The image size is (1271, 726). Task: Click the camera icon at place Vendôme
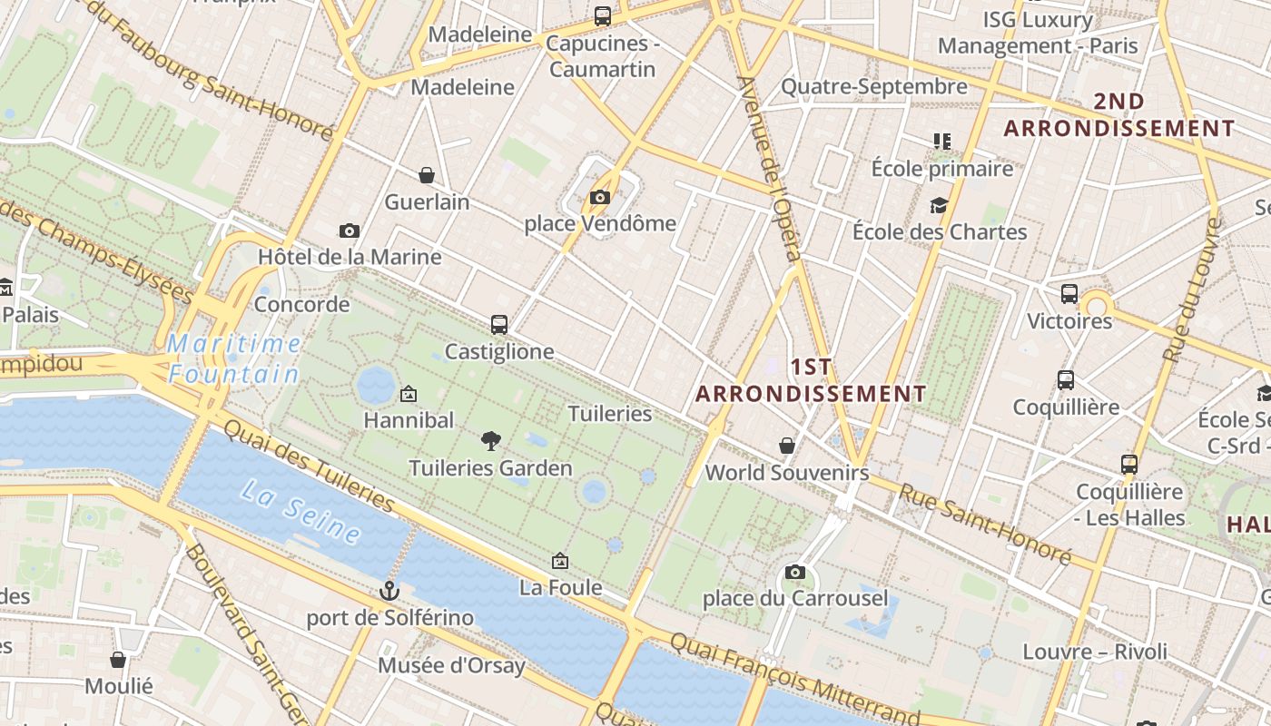(599, 197)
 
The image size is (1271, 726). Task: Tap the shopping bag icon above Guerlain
(427, 175)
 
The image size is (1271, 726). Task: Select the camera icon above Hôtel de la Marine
(350, 231)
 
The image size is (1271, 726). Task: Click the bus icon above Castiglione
(498, 324)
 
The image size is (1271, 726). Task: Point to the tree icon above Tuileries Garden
(490, 442)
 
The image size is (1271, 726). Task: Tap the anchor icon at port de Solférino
(389, 592)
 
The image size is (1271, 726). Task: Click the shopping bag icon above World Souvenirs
(787, 446)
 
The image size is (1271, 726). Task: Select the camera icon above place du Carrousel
(795, 572)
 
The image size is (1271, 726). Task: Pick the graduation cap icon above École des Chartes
(939, 206)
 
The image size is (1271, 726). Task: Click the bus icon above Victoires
(1069, 294)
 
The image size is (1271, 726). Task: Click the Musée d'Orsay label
(451, 665)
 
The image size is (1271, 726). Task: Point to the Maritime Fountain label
(234, 358)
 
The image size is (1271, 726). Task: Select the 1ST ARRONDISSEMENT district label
(811, 380)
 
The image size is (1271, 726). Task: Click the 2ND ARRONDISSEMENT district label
(1118, 115)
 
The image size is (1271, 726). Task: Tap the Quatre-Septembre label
(874, 87)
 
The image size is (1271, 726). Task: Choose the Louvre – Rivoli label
(1095, 652)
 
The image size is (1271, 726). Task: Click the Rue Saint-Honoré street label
(985, 523)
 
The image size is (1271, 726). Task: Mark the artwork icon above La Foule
(560, 561)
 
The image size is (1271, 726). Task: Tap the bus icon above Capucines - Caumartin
(603, 16)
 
